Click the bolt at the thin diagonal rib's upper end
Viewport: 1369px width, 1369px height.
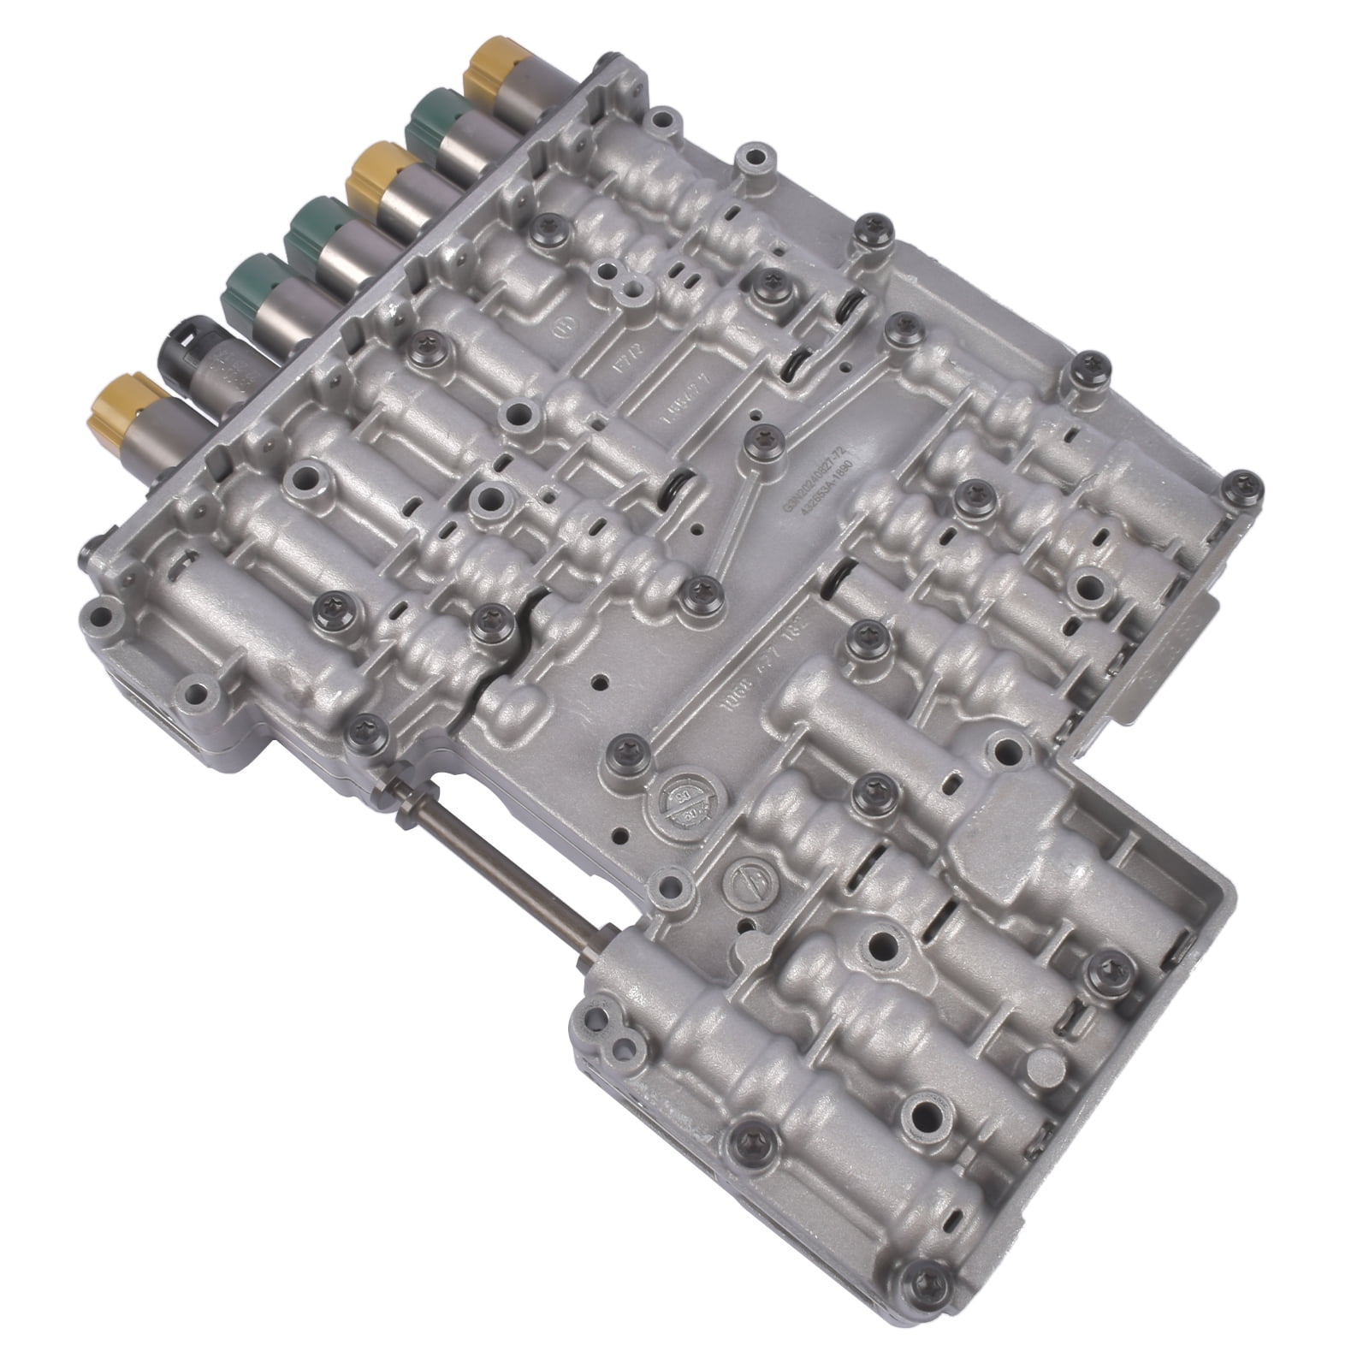(x=758, y=439)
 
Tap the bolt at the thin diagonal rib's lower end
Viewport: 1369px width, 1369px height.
(x=697, y=589)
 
